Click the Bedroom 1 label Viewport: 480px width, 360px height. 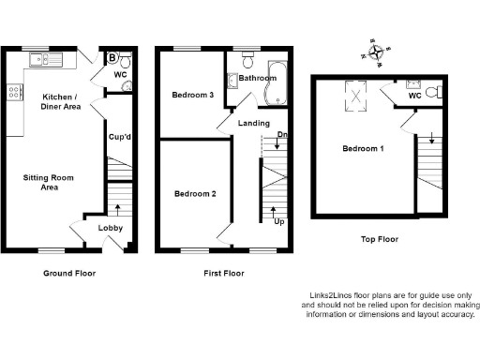coord(362,149)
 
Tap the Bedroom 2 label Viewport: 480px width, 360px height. coord(195,194)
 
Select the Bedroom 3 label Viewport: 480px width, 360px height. coord(191,95)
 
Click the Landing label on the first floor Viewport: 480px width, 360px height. coord(254,123)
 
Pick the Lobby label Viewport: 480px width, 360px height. coord(111,228)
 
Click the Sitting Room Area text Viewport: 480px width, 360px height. coord(41,182)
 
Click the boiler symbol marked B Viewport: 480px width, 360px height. coord(113,58)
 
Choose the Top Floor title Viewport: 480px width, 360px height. coord(380,239)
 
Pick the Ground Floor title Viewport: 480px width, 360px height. coord(69,274)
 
